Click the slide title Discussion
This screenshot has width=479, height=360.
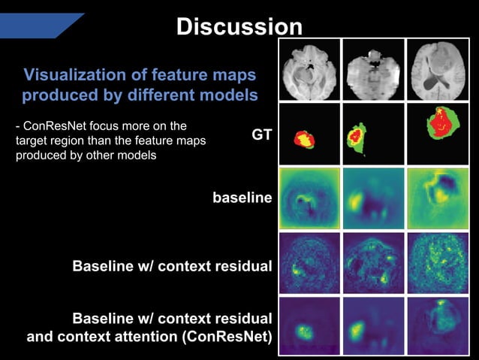(239, 27)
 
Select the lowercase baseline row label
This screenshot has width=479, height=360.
(242, 199)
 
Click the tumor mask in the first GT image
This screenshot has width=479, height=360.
(304, 138)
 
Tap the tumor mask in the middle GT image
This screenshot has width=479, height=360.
(355, 136)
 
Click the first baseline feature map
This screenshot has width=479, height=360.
(309, 198)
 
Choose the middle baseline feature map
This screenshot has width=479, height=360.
(372, 198)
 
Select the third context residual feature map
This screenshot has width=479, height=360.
(437, 262)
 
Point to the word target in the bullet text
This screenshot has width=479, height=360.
(32, 140)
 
